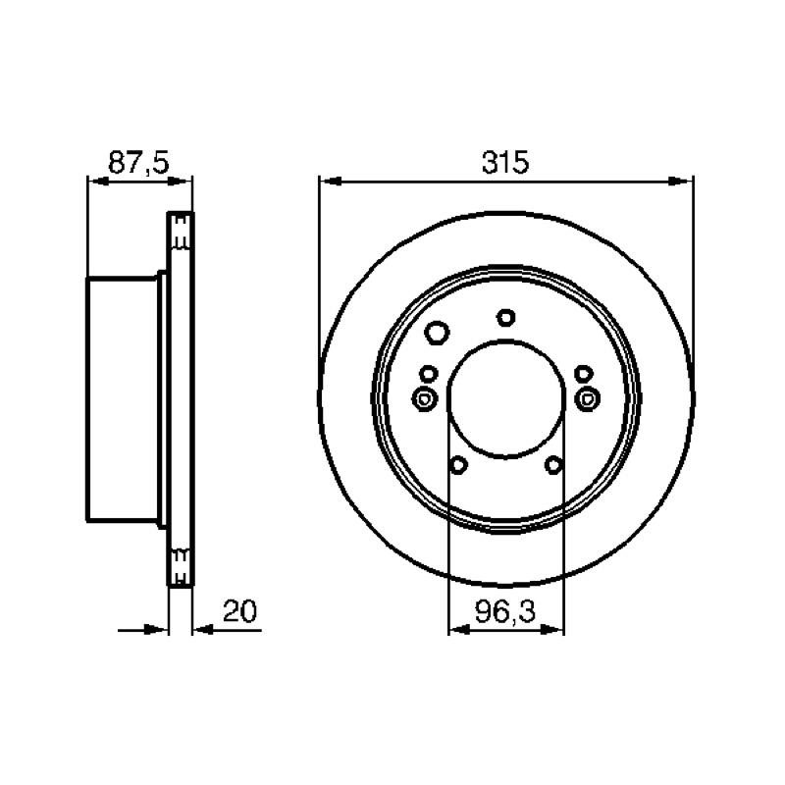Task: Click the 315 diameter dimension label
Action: coord(504,162)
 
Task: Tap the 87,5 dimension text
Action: coord(138,162)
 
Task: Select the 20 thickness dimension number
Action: coord(239,610)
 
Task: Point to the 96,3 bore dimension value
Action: coord(504,610)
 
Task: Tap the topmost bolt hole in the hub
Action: coord(506,317)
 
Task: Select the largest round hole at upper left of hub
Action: coord(437,333)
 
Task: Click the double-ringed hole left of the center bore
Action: coord(425,399)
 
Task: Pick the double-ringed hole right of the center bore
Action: coord(587,398)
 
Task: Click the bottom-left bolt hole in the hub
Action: coord(458,465)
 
